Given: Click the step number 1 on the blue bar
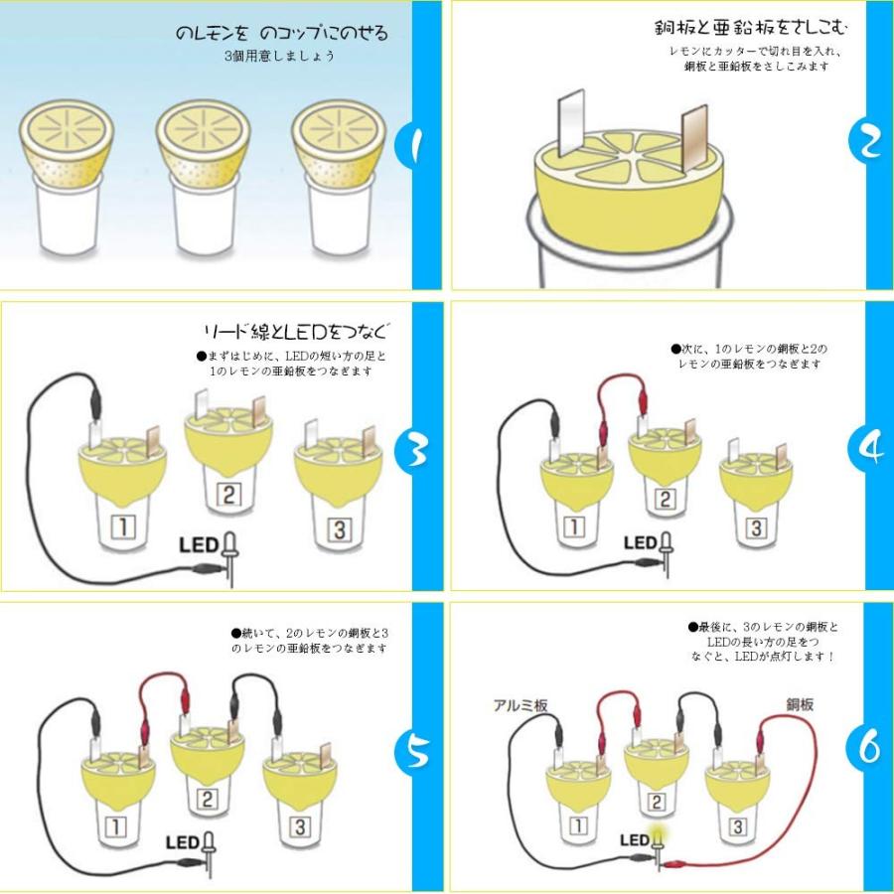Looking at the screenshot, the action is point(416,145).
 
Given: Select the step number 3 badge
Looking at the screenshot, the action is point(417,451).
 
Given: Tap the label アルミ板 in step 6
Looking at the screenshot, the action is point(520,705).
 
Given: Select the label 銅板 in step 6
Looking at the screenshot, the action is point(800,704).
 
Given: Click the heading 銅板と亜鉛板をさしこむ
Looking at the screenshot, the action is point(751,28).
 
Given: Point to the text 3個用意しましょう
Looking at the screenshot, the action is point(279,56).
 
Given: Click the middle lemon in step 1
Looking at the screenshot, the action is point(204,142).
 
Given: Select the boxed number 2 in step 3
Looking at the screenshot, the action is point(228,495).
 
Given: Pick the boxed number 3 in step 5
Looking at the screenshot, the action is point(300,826).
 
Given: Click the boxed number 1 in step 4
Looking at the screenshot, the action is point(575,526).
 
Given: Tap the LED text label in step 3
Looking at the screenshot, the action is point(199,545).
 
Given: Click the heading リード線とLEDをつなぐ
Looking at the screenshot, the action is point(297,332).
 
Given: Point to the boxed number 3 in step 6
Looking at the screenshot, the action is point(738,826).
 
